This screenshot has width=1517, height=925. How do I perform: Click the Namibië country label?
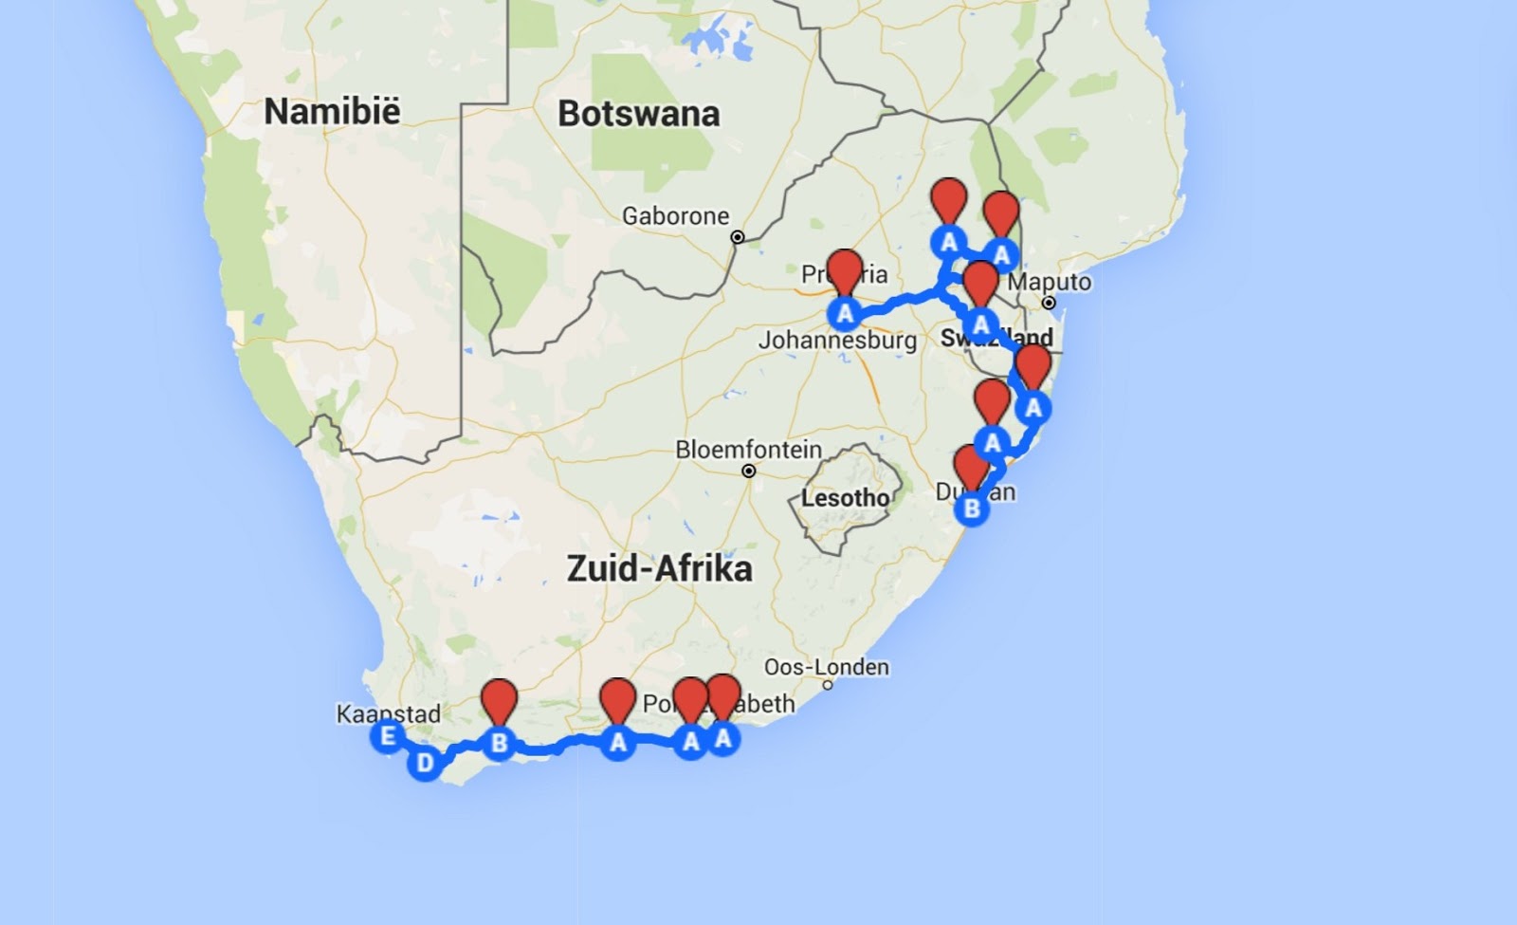tap(332, 111)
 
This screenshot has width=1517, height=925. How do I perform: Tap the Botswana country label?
tap(638, 114)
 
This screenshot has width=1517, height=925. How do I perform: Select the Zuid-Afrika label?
tap(659, 569)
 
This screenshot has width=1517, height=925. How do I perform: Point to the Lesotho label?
tap(845, 497)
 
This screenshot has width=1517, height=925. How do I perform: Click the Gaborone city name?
tap(675, 216)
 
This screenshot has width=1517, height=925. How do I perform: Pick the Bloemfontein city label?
tap(748, 449)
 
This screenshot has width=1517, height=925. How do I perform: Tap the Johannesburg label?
tap(837, 340)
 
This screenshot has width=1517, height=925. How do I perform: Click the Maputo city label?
tap(1049, 282)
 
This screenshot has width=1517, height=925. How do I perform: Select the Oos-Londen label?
tap(826, 667)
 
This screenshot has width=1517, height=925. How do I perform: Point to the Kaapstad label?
tap(388, 713)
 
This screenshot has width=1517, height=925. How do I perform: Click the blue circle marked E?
tap(387, 736)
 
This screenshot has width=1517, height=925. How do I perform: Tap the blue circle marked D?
tap(425, 763)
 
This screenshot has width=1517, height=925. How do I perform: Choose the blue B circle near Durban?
tap(972, 509)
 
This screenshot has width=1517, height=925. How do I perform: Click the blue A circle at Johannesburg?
tap(844, 312)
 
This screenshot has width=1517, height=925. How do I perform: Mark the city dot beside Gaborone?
tap(738, 237)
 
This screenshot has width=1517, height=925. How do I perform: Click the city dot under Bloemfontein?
tap(749, 471)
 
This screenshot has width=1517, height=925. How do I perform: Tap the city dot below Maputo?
tap(1049, 303)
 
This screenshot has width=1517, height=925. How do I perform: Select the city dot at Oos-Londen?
tap(828, 685)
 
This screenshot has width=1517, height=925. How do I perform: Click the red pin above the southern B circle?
tap(499, 702)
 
